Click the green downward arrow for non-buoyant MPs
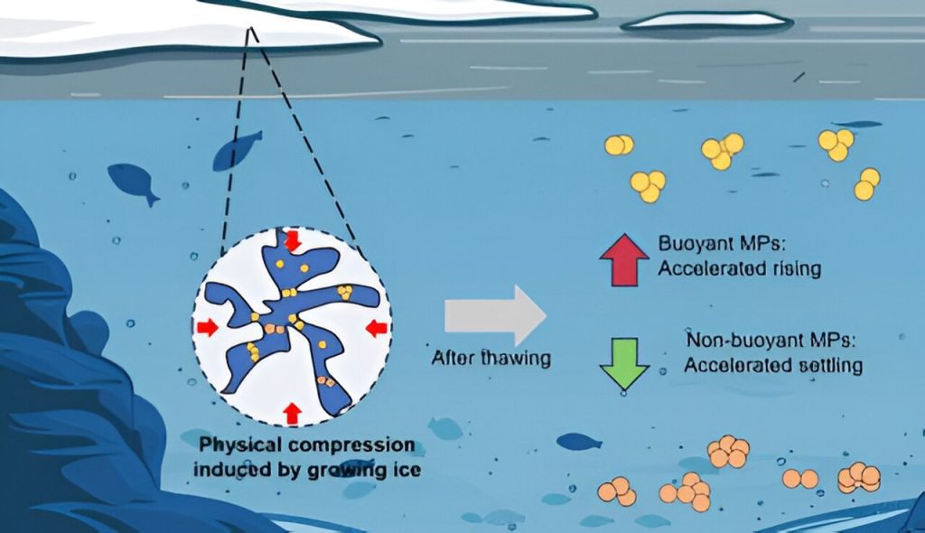click(623, 362)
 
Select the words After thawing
click(491, 358)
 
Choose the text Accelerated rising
click(739, 269)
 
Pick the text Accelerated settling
click(773, 365)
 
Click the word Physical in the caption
click(238, 444)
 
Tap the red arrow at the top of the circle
click(292, 241)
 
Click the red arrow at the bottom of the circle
click(292, 413)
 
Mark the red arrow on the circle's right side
click(378, 328)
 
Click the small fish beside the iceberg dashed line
click(237, 150)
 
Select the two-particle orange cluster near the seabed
click(799, 478)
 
